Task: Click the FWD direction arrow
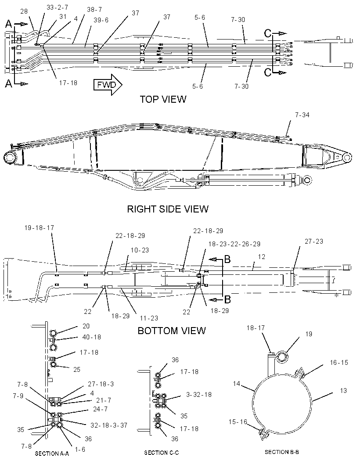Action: click(x=108, y=85)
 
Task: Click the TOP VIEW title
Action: click(x=163, y=99)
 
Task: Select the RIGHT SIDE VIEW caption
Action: click(x=168, y=209)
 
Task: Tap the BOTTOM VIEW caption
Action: click(x=172, y=331)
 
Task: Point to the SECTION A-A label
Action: click(x=52, y=454)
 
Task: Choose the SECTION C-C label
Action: click(x=162, y=453)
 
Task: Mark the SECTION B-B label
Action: click(x=282, y=452)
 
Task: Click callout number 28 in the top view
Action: click(x=24, y=11)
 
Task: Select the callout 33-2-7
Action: click(x=57, y=7)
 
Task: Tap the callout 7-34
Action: click(x=302, y=115)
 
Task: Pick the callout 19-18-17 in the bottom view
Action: click(x=39, y=228)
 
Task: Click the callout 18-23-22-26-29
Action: click(x=234, y=244)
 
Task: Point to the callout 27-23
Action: click(x=314, y=241)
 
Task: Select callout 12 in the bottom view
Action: click(x=262, y=257)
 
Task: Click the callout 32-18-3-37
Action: click(x=108, y=425)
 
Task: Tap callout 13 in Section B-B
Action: click(x=343, y=391)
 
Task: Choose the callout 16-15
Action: click(x=339, y=363)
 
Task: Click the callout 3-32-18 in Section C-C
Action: click(x=199, y=395)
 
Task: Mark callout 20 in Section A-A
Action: click(x=86, y=326)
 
